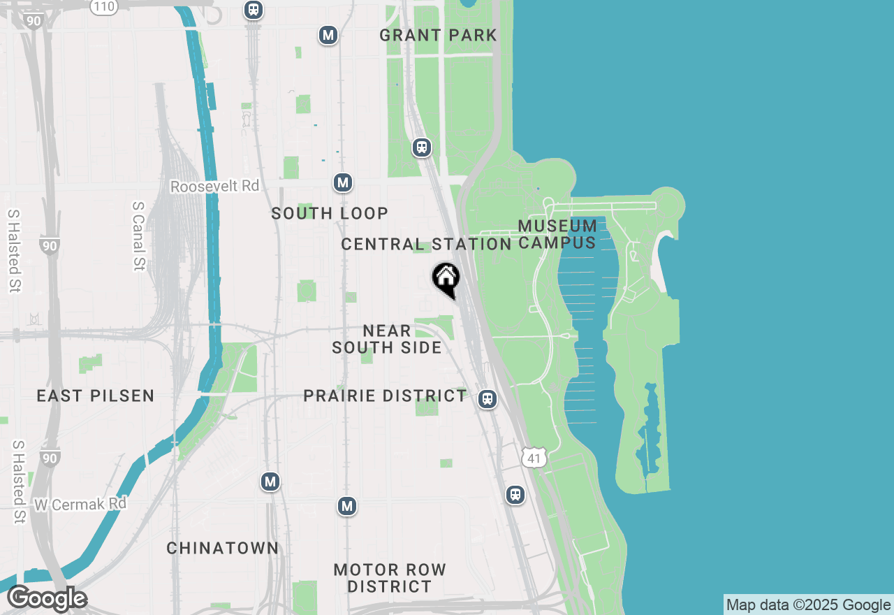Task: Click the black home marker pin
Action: coord(446,279)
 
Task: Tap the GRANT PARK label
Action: coord(438,35)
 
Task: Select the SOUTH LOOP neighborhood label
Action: coord(330,213)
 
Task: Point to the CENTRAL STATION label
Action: coord(426,244)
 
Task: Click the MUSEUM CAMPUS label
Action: coord(557,234)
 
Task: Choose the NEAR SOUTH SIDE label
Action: coord(387,339)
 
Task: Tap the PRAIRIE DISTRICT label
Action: coord(385,396)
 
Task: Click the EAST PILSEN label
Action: coord(96,396)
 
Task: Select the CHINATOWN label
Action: coord(223,548)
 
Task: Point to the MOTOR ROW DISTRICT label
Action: coord(390,578)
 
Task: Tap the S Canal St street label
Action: coord(138,236)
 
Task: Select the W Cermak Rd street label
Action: coord(80,503)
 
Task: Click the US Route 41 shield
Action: coord(534,458)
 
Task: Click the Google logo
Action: coord(47,599)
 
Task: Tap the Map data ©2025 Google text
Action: coord(808,605)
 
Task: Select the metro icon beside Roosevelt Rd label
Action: coord(342,183)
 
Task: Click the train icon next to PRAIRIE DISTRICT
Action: coord(488,399)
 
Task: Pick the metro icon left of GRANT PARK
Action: coord(328,35)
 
